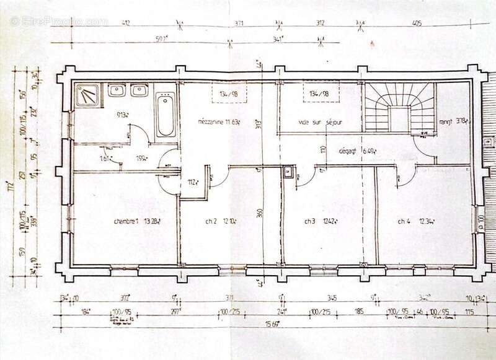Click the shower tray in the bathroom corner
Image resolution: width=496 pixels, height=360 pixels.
(x=89, y=95)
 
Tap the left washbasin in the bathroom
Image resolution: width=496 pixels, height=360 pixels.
(x=117, y=91)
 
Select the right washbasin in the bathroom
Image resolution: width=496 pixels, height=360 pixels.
(x=138, y=91)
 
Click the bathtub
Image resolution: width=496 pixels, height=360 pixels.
(x=166, y=115)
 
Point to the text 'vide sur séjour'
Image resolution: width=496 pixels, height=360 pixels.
(x=319, y=122)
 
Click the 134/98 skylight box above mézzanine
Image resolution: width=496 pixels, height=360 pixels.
(x=229, y=94)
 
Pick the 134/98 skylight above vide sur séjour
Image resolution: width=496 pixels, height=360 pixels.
(x=316, y=94)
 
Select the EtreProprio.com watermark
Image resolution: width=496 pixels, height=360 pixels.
(x=59, y=21)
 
